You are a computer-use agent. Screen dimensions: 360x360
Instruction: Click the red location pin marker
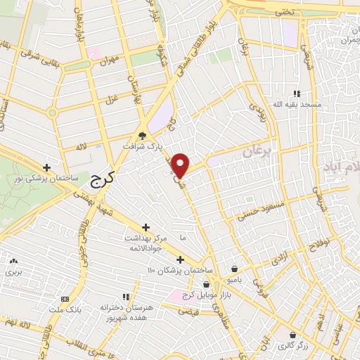[x=181, y=165]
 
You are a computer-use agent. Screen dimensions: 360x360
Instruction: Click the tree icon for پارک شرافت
[x=143, y=136]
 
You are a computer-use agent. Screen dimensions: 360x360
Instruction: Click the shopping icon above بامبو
[x=234, y=268]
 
